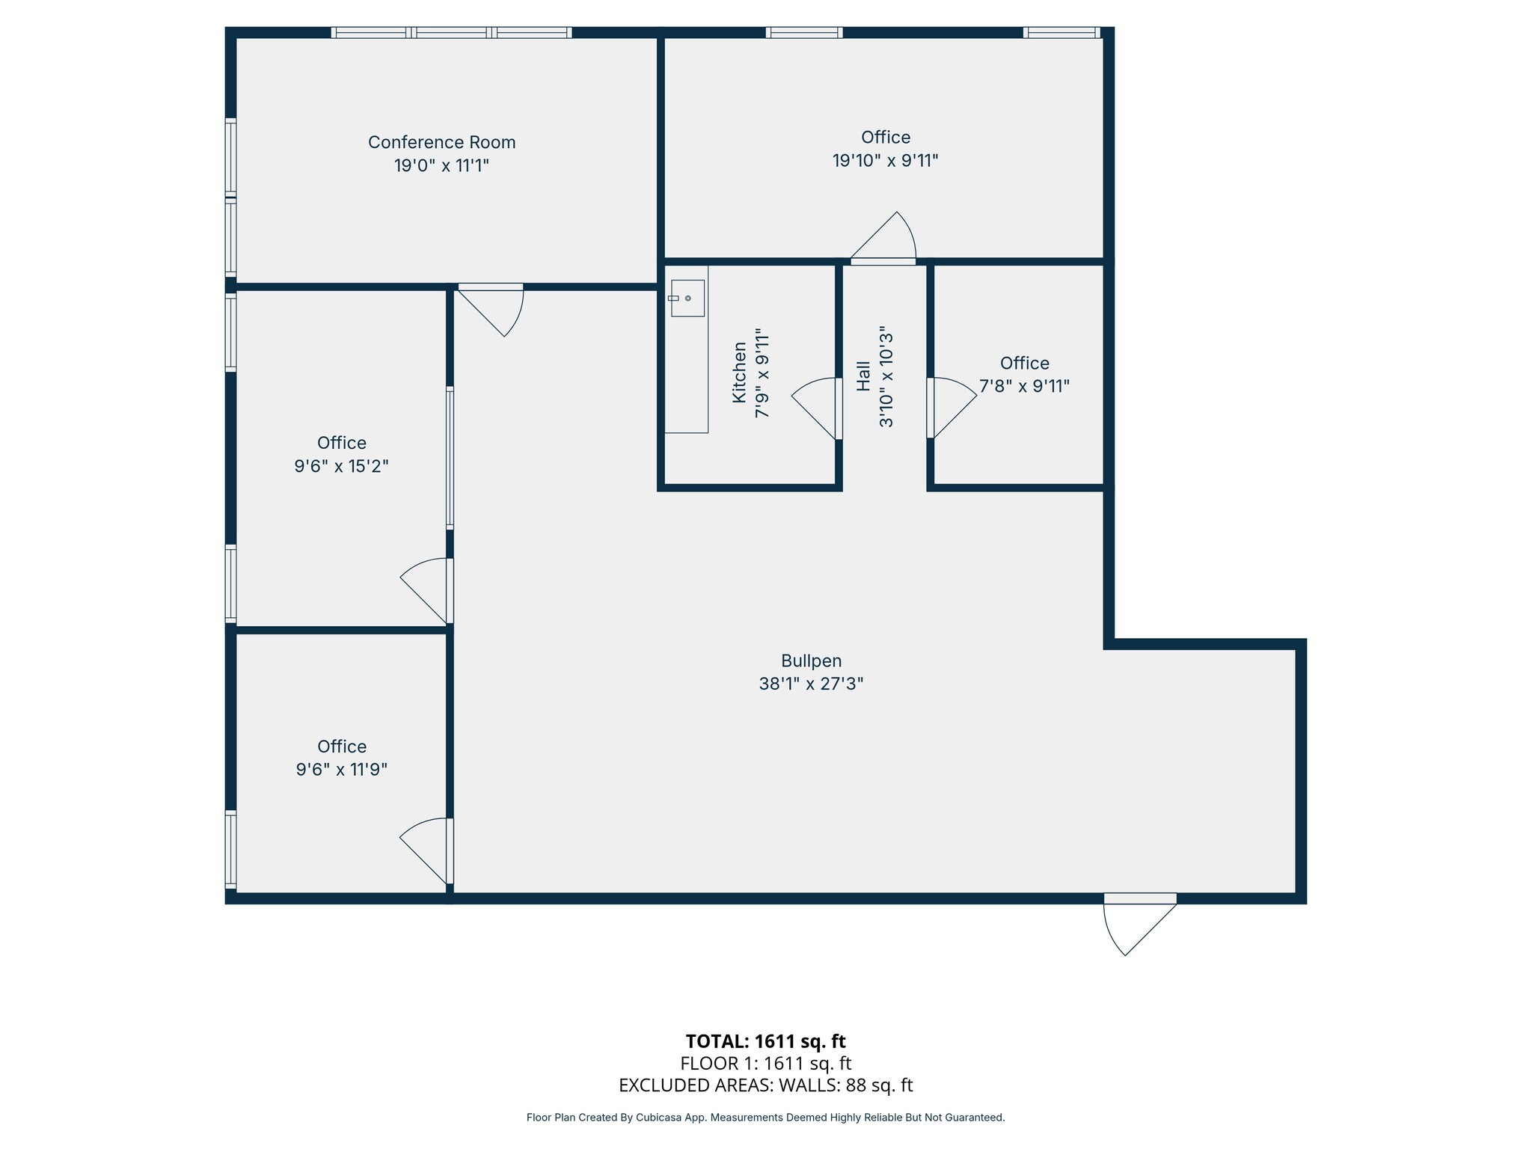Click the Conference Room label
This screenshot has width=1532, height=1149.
point(441,142)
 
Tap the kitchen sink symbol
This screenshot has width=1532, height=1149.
point(687,298)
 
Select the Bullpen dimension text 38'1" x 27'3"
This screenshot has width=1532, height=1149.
point(811,684)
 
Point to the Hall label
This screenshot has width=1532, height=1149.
point(863,376)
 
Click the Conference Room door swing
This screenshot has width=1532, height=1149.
point(494,308)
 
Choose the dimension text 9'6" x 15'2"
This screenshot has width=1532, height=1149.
point(341,467)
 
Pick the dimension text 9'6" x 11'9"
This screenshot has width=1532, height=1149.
point(341,770)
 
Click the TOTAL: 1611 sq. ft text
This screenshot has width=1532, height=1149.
point(765,1041)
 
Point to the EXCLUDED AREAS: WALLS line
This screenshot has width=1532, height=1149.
point(765,1085)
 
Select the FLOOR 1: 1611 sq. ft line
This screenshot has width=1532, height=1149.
point(765,1064)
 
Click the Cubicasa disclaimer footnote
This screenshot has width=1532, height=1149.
point(765,1118)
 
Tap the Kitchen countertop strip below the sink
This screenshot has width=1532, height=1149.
point(686,374)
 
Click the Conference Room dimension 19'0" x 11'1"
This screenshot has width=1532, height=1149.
point(441,165)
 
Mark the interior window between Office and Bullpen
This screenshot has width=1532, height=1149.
point(450,457)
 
